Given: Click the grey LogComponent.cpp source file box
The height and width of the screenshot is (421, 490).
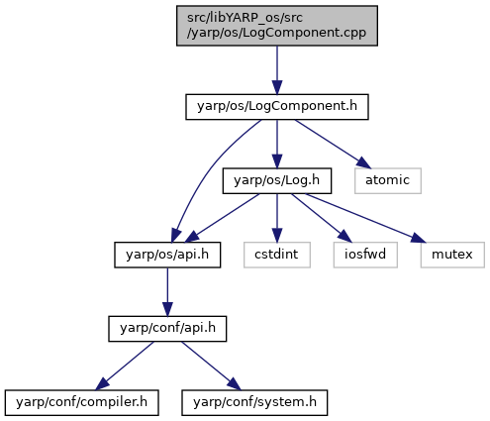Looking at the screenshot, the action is [277, 26].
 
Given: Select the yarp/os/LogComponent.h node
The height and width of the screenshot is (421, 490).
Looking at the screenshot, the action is [277, 107].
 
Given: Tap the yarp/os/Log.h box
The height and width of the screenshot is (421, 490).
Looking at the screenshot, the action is [277, 180].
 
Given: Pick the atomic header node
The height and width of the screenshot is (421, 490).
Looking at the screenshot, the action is [388, 180].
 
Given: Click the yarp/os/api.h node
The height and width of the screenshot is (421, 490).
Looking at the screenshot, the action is [167, 255].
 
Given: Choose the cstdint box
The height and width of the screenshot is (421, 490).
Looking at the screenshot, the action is [277, 255].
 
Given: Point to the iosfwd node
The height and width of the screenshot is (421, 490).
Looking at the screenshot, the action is [365, 255].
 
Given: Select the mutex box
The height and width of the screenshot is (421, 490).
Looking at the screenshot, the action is [452, 255].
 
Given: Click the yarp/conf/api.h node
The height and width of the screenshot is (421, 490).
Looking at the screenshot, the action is [167, 329].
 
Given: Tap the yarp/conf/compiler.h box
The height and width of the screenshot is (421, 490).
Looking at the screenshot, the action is [81, 402].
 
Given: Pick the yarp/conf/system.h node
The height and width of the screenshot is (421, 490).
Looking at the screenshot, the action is [254, 402].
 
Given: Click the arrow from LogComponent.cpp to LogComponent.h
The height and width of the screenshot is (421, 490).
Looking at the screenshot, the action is [277, 70].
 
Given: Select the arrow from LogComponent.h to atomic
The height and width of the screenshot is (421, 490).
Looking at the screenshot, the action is [333, 144].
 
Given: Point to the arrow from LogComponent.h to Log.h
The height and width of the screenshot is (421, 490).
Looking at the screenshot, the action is [277, 144].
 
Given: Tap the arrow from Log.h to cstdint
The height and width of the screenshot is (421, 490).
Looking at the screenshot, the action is [277, 218].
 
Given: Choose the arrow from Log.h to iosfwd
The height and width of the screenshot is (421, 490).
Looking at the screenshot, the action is [322, 218].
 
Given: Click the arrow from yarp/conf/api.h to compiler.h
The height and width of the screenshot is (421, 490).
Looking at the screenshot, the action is [125, 366].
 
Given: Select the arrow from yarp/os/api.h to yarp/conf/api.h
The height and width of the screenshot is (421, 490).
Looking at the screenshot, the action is [167, 292].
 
